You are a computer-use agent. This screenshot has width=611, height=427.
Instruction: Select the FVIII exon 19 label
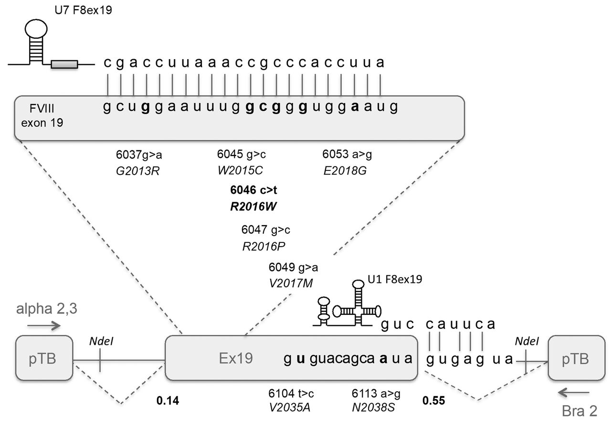(x=42, y=116)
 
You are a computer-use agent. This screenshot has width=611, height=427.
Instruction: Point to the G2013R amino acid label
(x=137, y=170)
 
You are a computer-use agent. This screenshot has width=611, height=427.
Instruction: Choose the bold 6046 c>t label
(x=253, y=190)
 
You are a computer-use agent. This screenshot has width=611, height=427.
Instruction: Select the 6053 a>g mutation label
(x=347, y=155)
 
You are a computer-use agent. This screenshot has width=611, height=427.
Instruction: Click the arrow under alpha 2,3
(x=44, y=326)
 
